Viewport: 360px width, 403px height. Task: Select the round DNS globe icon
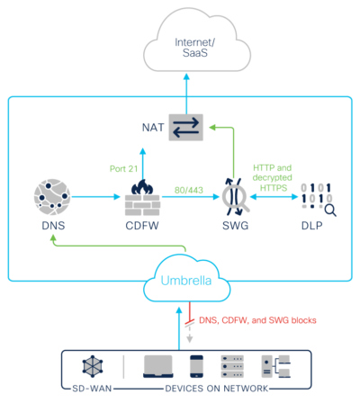(x=52, y=198)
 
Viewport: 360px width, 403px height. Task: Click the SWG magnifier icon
(x=236, y=198)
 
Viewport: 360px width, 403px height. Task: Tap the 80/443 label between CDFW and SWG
(x=190, y=190)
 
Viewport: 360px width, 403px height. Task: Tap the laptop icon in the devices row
(x=159, y=365)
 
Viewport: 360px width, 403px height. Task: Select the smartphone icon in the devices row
(x=197, y=365)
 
